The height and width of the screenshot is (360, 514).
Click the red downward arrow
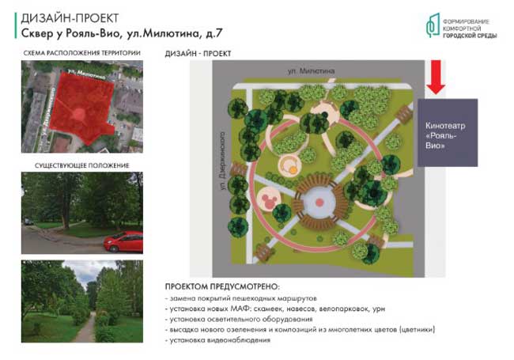[436, 77]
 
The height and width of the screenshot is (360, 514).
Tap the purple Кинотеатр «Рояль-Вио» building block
[448, 133]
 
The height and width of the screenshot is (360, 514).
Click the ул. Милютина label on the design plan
[311, 71]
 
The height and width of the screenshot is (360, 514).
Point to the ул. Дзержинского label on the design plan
[223, 161]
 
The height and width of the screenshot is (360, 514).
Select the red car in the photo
[123, 241]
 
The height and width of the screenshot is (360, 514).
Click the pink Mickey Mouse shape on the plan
[269, 200]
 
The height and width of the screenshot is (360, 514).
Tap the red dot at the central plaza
[319, 203]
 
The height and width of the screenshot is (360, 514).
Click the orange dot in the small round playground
[293, 169]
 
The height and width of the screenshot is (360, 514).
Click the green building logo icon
[433, 25]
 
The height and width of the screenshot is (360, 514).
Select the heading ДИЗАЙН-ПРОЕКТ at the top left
[70, 18]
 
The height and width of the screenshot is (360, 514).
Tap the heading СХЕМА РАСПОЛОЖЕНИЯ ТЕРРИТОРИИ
[82, 53]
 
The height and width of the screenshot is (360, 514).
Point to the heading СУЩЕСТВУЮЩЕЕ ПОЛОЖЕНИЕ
[82, 165]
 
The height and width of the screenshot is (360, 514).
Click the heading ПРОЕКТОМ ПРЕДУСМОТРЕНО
[222, 286]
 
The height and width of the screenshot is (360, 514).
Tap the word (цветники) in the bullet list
[418, 329]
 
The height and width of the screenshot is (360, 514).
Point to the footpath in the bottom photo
[87, 328]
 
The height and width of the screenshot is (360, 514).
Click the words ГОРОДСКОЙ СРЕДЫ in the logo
[470, 36]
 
